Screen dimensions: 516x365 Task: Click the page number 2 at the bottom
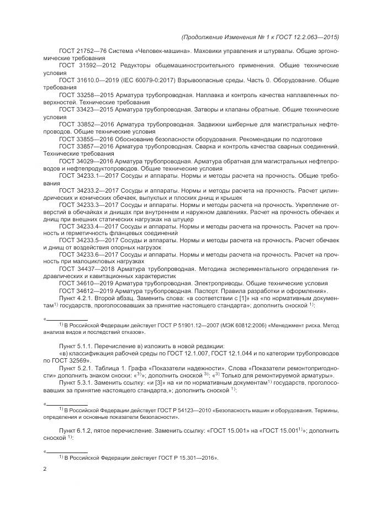point(45,469)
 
